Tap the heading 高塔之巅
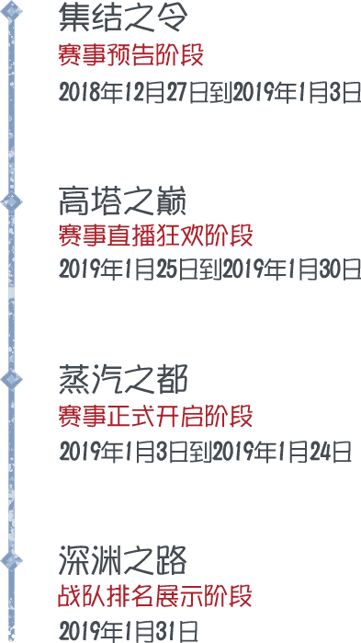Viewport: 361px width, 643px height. click(x=122, y=200)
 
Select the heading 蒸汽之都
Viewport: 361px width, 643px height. click(x=122, y=379)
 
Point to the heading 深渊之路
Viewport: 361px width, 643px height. click(x=122, y=559)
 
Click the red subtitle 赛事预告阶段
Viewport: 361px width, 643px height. click(x=130, y=55)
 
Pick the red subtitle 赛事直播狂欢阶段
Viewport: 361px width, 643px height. click(x=155, y=235)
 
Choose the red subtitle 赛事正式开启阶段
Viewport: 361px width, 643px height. click(x=155, y=416)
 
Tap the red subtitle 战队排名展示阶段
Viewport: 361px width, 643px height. click(x=155, y=596)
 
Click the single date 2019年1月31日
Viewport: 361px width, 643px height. click(x=129, y=631)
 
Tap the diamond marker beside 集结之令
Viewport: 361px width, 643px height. click(x=11, y=12)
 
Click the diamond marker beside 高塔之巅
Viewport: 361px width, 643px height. click(x=11, y=201)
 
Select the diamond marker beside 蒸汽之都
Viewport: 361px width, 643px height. click(x=11, y=379)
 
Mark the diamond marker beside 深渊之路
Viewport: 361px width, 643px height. click(x=11, y=559)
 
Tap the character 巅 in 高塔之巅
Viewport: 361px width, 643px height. click(x=171, y=200)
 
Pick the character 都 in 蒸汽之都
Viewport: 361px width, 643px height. click(x=171, y=379)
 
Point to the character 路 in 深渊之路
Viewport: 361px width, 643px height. click(x=171, y=559)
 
